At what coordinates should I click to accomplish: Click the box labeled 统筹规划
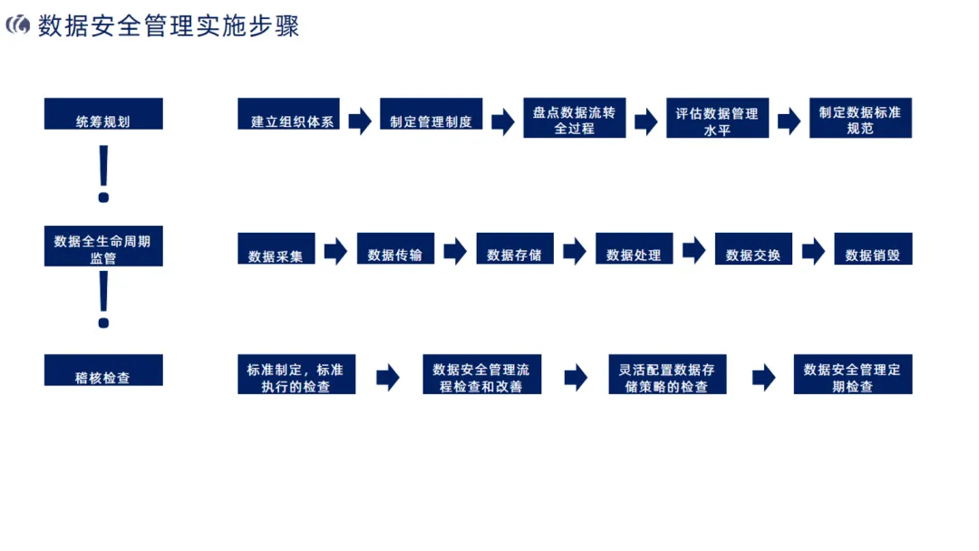pos(103,114)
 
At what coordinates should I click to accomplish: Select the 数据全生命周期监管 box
pos(103,246)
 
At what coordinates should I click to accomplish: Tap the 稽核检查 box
pos(103,370)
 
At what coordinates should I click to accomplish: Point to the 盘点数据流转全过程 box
pos(574,118)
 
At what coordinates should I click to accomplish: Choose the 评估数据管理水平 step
pos(717,118)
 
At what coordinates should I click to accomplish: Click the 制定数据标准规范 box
pos(859,118)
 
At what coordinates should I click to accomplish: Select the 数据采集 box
pos(276,249)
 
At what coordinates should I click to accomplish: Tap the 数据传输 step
pos(395,249)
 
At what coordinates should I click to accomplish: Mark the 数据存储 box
pos(514,249)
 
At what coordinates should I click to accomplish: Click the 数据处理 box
pos(634,249)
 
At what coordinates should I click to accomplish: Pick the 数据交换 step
pos(753,249)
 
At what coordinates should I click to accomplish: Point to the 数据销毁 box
pos(872,249)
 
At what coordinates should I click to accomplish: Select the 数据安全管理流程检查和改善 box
pos(481,375)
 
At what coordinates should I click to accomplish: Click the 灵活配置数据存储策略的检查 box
pos(666,375)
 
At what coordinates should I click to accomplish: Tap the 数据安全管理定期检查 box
pos(852,375)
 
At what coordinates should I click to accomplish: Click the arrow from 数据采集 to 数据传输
pos(335,251)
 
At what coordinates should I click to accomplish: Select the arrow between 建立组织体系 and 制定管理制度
pos(360,120)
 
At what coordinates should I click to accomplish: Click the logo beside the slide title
pos(18,26)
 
